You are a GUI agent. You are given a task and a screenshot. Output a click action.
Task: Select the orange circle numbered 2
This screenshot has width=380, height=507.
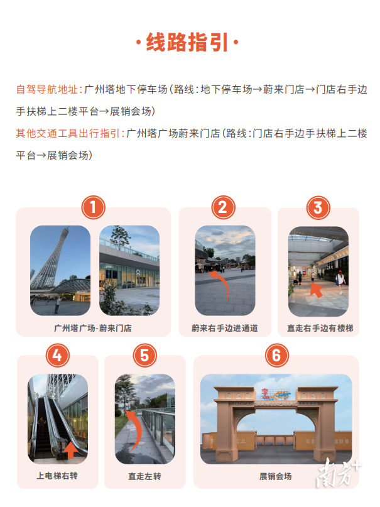click(x=223, y=207)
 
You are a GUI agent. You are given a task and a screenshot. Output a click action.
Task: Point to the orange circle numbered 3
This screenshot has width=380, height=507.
click(x=318, y=207)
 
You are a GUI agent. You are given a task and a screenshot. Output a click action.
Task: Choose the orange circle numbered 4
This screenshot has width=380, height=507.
click(x=57, y=356)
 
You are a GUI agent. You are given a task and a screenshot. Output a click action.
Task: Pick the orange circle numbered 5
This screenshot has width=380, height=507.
click(x=144, y=356)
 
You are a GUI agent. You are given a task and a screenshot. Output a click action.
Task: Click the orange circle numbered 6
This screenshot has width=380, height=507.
click(x=276, y=356)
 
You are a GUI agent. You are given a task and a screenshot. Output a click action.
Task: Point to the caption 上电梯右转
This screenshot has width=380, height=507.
click(x=57, y=476)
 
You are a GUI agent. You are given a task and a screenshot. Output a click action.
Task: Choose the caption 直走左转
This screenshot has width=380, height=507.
click(x=145, y=476)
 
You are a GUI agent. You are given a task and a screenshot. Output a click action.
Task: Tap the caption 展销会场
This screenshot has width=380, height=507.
click(x=276, y=476)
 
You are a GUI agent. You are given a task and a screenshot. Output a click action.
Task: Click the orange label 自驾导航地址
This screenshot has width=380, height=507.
click(x=48, y=90)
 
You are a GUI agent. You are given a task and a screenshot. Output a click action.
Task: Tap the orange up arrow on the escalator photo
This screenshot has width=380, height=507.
click(x=70, y=450)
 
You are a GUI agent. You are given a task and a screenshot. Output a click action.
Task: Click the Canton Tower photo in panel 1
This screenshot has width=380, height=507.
click(x=60, y=270)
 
